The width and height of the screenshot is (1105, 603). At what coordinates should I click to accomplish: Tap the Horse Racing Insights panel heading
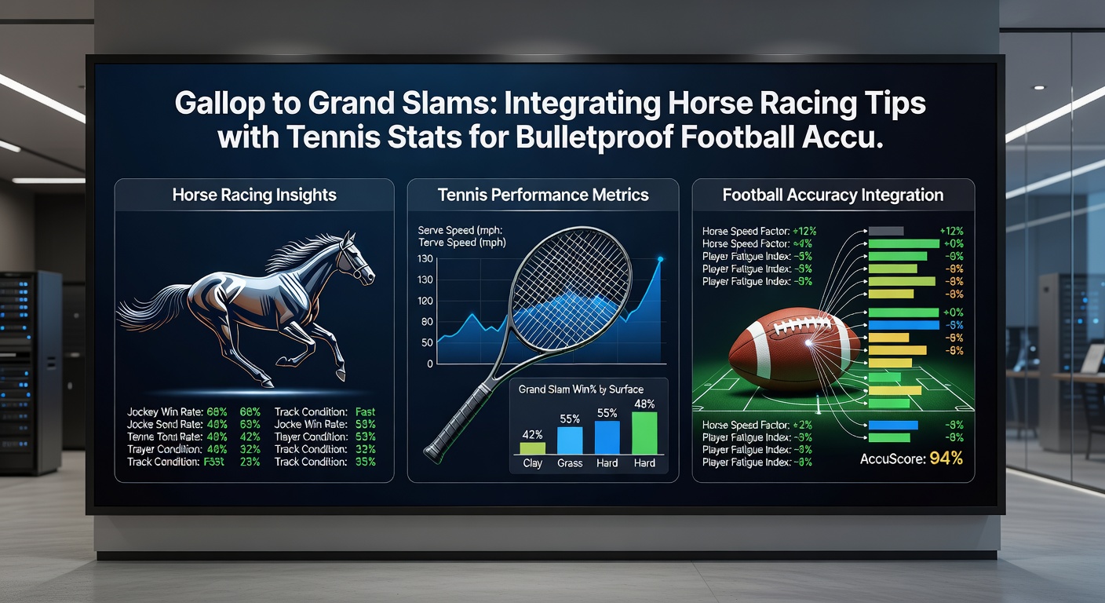pos(254,195)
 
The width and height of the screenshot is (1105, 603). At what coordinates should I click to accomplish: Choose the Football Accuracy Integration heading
pos(833,195)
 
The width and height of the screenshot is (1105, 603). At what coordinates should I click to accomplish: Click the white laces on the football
pos(808,324)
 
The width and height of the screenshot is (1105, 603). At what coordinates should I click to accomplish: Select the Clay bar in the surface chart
pos(532,448)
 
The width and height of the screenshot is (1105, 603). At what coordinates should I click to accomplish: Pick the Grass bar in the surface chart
pos(570,440)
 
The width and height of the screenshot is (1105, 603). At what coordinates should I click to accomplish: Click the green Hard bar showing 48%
pos(644,433)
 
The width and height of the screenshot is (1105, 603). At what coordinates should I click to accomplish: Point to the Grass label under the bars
pos(570,463)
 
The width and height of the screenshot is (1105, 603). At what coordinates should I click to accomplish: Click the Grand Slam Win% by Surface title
pos(581,389)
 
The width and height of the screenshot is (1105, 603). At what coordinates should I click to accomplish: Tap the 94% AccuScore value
pos(946,459)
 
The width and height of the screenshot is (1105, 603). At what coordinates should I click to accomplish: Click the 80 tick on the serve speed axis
pos(427,322)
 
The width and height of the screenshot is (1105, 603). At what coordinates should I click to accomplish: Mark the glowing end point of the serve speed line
pos(660,259)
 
